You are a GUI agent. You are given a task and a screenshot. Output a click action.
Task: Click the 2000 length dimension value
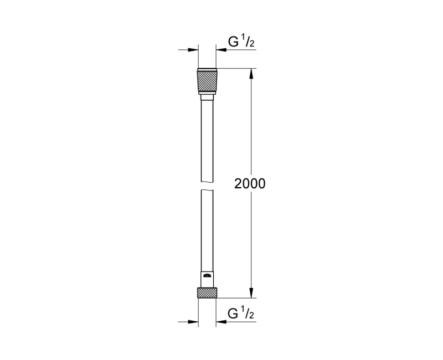tap(250, 184)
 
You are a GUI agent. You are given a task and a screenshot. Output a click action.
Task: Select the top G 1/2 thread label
tap(241, 40)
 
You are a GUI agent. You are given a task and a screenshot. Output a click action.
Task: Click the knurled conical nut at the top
tap(208, 83)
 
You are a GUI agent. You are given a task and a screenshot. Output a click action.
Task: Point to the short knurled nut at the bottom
tap(208, 293)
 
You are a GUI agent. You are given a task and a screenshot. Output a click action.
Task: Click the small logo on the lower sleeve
tap(208, 275)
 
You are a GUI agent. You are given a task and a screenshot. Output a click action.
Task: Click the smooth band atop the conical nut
tap(208, 70)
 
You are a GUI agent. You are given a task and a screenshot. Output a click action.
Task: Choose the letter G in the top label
tap(234, 41)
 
